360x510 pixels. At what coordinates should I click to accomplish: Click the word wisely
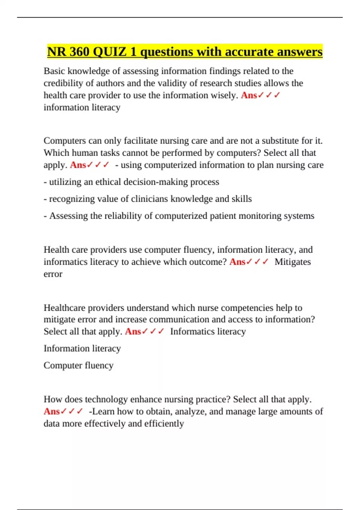(x=225, y=95)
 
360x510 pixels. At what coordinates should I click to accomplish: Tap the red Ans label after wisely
(x=249, y=95)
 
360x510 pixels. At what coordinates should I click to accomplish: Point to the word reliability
(x=123, y=216)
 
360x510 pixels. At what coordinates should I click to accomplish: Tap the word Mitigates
(x=292, y=262)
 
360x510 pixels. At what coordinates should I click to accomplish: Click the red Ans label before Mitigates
(x=237, y=262)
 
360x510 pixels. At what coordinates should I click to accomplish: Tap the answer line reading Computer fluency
(x=78, y=365)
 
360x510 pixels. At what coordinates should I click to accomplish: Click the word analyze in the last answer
(x=190, y=411)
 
